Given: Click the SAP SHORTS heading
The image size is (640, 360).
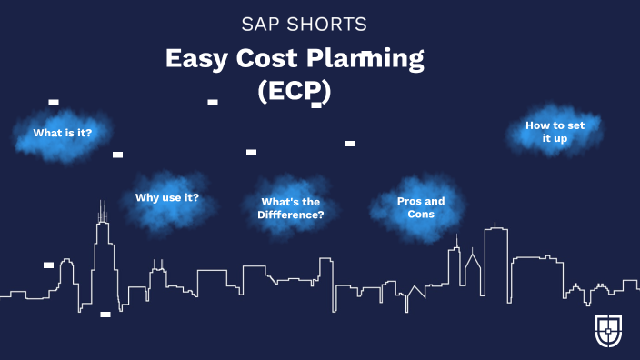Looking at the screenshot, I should pos(304,24).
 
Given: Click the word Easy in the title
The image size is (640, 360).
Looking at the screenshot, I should pos(195,59).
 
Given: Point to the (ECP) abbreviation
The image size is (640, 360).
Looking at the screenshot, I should pos(294,92).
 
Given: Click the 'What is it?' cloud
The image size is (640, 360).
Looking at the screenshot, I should pos(62,133).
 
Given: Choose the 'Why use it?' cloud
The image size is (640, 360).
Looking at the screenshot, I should pos(167,197).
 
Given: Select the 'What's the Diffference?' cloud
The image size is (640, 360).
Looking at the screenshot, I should pos(291,208).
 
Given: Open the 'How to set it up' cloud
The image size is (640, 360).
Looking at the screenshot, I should pos(555,133).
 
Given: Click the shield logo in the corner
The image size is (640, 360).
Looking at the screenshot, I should pos(608,332).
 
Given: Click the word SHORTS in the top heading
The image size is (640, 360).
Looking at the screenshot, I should pos(328,24).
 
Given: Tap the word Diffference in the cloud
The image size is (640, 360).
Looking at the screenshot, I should pos(291,215).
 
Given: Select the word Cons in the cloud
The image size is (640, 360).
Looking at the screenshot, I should pos(421,215).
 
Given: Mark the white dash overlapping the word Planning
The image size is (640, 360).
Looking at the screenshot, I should pos(365,55).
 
